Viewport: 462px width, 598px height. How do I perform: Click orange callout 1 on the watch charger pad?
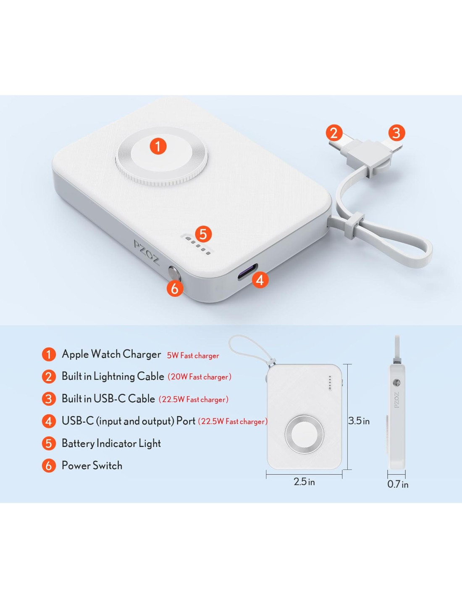pos(158,146)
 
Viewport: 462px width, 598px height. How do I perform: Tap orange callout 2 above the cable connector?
pos(334,133)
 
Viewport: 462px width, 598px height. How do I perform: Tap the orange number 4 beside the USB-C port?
pos(260,280)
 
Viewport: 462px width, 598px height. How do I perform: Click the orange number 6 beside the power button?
pos(175,288)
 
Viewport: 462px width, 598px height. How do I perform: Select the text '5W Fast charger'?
pos(193,356)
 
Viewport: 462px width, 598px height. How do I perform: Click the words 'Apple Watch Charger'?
pos(111,354)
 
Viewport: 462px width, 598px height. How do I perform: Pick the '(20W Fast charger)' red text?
pos(199,377)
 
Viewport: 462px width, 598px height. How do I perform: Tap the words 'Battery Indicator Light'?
pos(111,443)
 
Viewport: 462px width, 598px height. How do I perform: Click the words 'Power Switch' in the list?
pos(92,466)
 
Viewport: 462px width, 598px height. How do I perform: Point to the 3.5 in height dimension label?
pos(359,421)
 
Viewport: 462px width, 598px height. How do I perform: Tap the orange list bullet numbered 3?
pos(49,399)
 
